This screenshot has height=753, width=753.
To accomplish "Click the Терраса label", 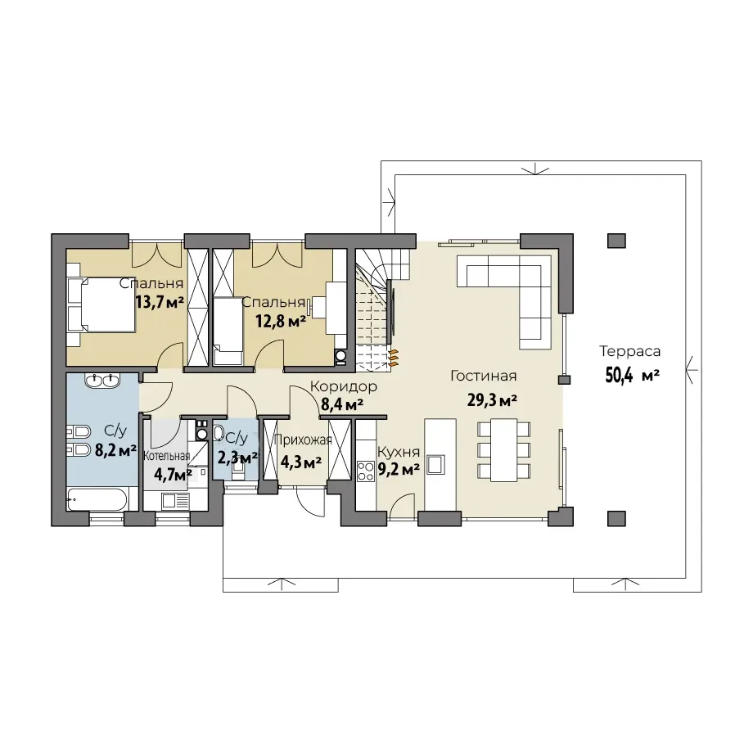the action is [x=629, y=351].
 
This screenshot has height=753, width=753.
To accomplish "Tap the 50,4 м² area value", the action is [x=632, y=375].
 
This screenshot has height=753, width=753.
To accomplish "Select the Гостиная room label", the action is [x=483, y=376].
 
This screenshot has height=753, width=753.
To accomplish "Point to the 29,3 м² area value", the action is [x=492, y=399].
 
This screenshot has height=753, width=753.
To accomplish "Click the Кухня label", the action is [x=399, y=452].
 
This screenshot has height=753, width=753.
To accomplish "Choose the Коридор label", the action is [x=344, y=386].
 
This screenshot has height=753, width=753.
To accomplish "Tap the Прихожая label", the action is [x=303, y=440].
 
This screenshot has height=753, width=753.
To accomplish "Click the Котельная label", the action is [x=167, y=455].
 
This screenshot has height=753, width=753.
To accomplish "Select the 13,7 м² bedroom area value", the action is [x=160, y=302].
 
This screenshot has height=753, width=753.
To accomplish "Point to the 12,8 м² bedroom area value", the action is [x=281, y=322].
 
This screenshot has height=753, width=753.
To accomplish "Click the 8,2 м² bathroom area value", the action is [x=115, y=450].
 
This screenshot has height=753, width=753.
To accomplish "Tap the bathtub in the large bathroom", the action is [x=97, y=499].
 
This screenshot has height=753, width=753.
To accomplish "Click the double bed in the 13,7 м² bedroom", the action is [x=101, y=304].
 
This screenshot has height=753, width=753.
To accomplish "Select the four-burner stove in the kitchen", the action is [x=366, y=471].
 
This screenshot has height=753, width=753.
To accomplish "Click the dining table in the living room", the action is [x=503, y=449].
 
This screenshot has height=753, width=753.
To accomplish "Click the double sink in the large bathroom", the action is [x=102, y=380].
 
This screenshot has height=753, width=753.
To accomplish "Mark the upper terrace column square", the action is [x=616, y=241].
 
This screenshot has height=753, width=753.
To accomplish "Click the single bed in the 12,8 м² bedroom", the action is [x=228, y=331].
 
